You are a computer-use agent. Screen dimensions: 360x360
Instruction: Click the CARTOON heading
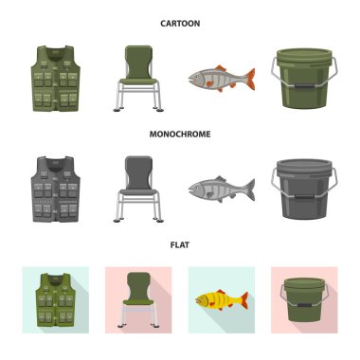(180, 24)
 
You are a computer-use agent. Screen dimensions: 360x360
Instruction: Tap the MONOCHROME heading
(180, 134)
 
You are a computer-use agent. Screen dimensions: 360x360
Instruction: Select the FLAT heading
(180, 244)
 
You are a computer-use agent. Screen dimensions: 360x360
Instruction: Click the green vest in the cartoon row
(56, 79)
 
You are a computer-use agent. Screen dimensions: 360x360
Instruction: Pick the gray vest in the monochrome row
(56, 189)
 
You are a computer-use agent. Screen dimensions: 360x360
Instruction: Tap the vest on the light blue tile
(56, 300)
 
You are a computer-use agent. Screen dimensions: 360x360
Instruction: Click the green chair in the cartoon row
(138, 79)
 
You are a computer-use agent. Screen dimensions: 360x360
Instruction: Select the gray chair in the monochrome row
(138, 189)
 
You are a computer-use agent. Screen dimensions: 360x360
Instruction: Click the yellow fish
(222, 299)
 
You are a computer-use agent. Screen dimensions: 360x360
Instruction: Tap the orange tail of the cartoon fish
(250, 79)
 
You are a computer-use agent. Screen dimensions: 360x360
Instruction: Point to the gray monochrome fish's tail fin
(250, 189)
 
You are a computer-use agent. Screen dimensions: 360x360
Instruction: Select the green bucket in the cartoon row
(304, 79)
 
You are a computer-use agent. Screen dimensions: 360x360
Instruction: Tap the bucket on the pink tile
(304, 300)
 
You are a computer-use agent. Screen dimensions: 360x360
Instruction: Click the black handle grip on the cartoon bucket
(304, 86)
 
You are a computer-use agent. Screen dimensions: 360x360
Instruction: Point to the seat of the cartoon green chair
(138, 81)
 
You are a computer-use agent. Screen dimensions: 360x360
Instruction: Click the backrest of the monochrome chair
(138, 172)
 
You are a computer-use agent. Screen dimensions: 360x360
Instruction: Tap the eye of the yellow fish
(202, 297)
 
